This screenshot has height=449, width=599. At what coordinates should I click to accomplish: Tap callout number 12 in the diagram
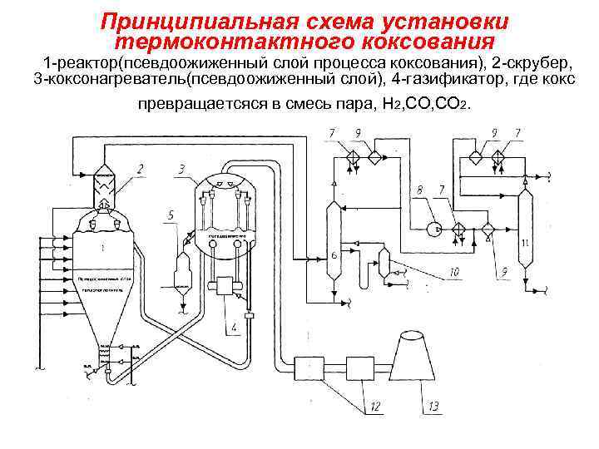(376, 406)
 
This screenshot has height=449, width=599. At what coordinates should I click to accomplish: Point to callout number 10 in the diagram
(454, 271)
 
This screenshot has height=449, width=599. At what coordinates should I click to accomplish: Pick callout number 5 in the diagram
(171, 215)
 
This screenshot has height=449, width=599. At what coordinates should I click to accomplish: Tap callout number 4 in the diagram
(234, 327)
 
